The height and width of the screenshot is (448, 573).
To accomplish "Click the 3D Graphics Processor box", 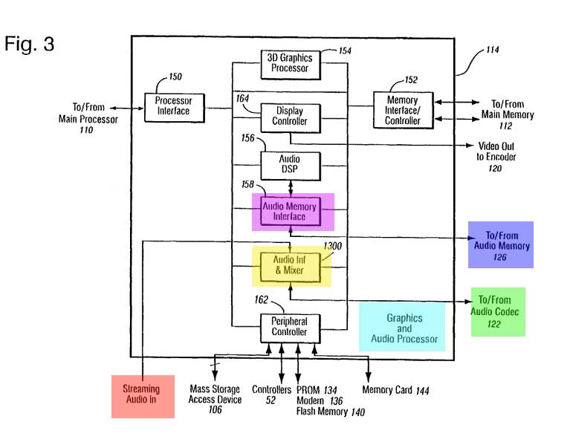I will [x=289, y=63].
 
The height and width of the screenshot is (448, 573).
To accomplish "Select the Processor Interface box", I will [x=172, y=106].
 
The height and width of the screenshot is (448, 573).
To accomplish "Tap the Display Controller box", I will [x=289, y=116].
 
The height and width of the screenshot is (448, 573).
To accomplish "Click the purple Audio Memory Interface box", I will [x=294, y=211].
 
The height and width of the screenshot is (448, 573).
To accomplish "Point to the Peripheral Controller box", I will [x=289, y=326].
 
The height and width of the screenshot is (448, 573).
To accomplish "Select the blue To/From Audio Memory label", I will [x=499, y=244].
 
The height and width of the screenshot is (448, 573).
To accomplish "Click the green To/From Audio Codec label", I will [x=497, y=312].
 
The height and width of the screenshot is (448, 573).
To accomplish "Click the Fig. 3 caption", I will [x=30, y=44].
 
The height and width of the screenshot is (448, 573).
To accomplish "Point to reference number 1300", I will [x=334, y=246].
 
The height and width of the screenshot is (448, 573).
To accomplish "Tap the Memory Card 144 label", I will [x=395, y=390].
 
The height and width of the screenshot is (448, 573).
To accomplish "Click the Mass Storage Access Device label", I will [x=216, y=395].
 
